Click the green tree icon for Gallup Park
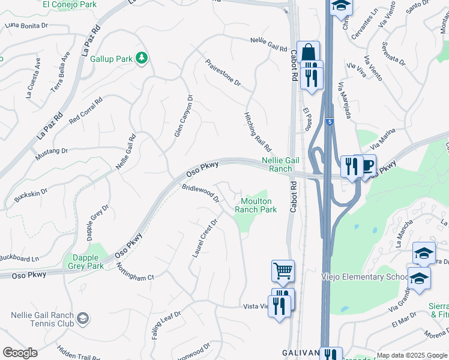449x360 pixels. [142, 58]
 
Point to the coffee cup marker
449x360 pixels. [364, 165]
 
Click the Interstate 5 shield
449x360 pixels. [330, 122]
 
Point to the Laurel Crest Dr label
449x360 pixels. [204, 238]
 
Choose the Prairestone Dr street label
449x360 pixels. [223, 73]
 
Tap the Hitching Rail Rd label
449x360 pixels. [258, 131]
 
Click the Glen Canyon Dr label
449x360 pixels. [183, 116]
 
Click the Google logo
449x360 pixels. [20, 352]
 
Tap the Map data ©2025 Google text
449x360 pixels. [411, 355]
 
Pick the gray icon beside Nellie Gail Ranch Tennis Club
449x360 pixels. [83, 318]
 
